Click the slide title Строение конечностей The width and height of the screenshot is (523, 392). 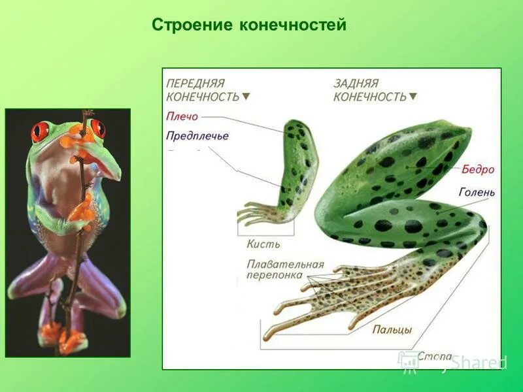pos(248,25)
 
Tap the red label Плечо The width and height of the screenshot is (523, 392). pos(182,118)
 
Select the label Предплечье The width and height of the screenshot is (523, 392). pos(197,137)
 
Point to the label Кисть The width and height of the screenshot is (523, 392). pos(263,244)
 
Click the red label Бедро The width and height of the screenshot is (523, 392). pos(478,170)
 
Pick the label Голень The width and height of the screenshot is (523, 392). pos(477,193)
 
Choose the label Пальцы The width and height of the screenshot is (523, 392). pos(392,330)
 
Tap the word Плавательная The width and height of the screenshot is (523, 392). pos(285,265)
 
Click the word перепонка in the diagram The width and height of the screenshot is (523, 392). pos(275,276)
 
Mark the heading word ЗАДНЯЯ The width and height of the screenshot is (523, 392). pos(356,84)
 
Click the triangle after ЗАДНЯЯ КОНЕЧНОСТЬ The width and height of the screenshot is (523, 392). pos(413,97)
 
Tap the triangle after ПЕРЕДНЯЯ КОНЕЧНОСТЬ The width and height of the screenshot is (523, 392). pos(246,97)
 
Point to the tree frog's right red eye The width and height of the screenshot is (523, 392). pos(97,127)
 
